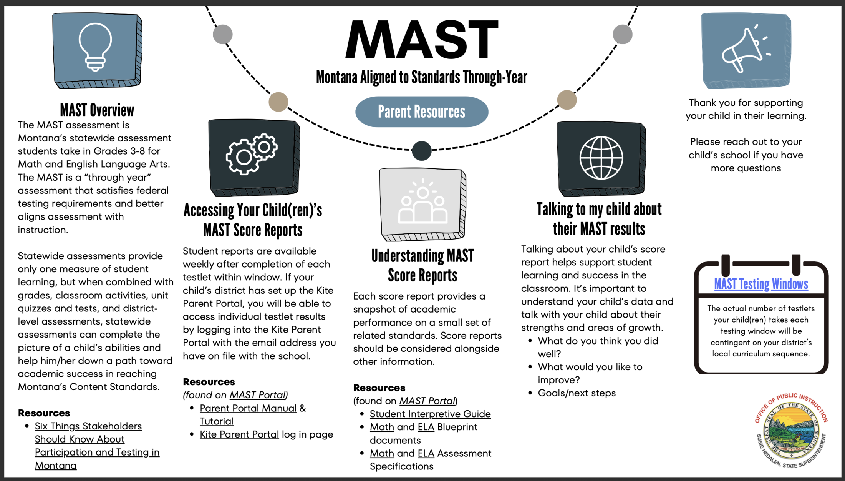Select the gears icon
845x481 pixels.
tap(252, 154)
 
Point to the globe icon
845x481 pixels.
tap(601, 158)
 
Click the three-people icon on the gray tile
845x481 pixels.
tap(422, 202)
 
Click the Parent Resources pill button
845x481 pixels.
tap(422, 112)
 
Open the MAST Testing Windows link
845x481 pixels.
tap(761, 284)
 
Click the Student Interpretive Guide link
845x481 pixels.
tap(430, 414)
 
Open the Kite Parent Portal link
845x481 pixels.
tap(239, 434)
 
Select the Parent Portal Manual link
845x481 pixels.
tap(248, 408)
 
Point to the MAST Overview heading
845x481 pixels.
tap(97, 110)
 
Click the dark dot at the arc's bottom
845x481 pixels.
tap(422, 151)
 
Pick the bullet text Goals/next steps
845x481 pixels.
tap(577, 393)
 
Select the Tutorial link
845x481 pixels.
tap(216, 421)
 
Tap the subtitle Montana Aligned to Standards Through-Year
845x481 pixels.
tap(422, 77)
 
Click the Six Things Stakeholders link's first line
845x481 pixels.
tap(88, 426)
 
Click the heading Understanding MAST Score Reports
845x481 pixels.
tap(422, 266)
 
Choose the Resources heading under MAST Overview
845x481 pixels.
tap(44, 413)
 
